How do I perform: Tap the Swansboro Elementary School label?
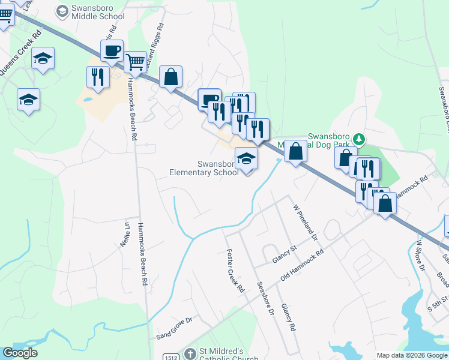tap(204, 168)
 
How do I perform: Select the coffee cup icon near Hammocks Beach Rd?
tap(112, 51)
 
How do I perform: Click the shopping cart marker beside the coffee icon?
tap(136, 61)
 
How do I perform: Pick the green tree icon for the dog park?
tap(358, 139)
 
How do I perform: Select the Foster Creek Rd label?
tap(235, 271)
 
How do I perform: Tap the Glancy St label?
tap(285, 256)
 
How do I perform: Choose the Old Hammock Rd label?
tap(302, 266)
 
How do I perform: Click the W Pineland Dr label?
tap(305, 221)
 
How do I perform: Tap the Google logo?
tap(20, 353)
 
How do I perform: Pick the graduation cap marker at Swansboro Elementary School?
tap(246, 160)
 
